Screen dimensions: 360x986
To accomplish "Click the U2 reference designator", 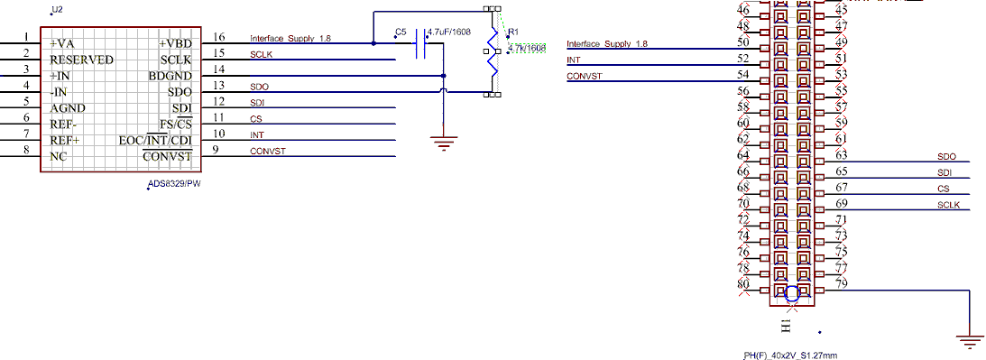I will tap(58, 9).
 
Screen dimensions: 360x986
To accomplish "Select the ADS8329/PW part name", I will tap(174, 185).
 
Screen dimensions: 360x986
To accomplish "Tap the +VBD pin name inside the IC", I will tap(175, 43).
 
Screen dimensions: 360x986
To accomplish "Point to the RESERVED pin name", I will tap(81, 60).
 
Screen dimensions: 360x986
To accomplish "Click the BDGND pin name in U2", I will tap(170, 76).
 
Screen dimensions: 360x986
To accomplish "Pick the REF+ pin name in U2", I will tap(65, 141).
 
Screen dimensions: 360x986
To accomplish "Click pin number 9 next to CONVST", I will tap(216, 150).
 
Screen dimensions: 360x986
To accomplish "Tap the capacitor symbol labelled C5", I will tap(420, 44).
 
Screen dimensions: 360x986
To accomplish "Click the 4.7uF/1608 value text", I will tap(449, 32).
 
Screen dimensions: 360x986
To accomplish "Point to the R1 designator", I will tap(513, 32).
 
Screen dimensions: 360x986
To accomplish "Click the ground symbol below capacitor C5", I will tap(443, 143).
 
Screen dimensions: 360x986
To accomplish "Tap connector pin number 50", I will tap(742, 42).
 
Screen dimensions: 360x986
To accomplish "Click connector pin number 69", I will tap(842, 204).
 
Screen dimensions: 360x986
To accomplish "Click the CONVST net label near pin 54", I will tap(584, 76).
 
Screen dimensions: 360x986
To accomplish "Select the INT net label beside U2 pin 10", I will tap(256, 134).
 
